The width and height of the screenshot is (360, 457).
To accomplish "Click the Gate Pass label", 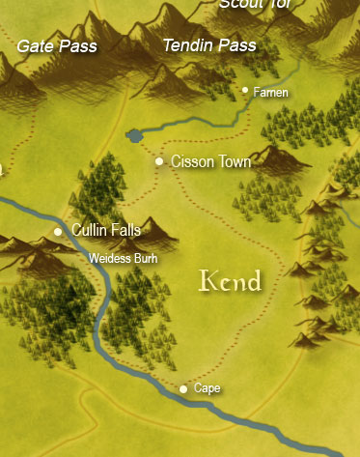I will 57,45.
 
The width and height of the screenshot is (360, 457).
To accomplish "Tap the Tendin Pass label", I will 209,45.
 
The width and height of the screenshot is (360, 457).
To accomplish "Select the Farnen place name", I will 271,92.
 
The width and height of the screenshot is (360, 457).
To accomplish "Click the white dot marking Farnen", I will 246,91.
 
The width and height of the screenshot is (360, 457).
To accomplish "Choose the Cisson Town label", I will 210,161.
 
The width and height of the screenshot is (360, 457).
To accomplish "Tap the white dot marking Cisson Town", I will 159,161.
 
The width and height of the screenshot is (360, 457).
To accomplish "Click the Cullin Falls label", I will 106,230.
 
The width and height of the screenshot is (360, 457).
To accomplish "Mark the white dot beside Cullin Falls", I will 58,232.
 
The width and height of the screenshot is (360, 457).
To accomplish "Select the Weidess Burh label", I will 123,259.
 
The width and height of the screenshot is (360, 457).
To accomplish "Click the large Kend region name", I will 230,281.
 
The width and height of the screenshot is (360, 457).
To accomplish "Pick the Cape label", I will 208,388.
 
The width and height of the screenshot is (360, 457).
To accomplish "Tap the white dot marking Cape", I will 184,389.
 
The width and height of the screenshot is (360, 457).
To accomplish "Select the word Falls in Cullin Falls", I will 125,230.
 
